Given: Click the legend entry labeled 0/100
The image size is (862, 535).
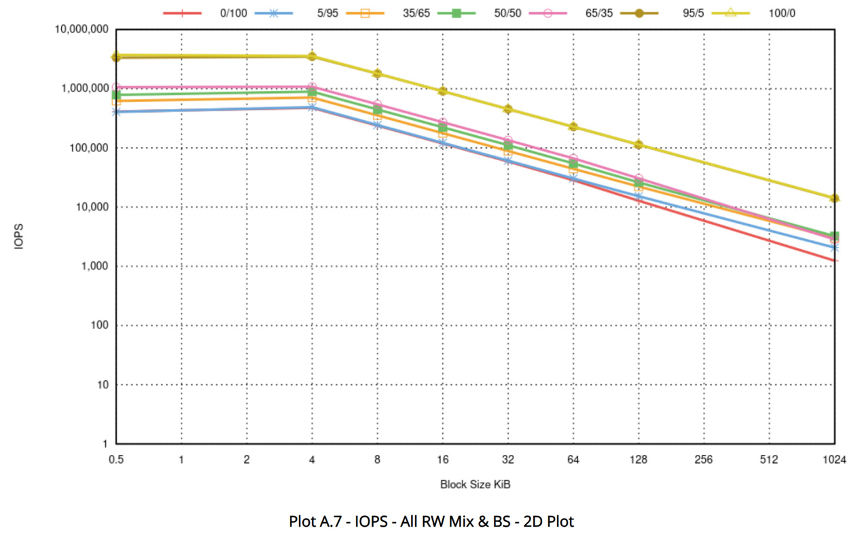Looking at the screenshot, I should tap(233, 13).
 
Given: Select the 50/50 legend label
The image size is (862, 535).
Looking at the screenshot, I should tap(507, 13).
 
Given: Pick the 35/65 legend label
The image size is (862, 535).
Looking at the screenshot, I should tap(415, 13).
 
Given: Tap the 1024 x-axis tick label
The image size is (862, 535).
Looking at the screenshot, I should tap(833, 460).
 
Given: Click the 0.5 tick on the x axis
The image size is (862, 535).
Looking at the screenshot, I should tap(115, 460).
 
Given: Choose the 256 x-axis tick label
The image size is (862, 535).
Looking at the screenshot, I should tap(703, 460).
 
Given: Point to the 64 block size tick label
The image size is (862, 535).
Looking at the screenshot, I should tap(573, 460).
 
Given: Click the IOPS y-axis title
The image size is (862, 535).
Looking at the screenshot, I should tap(20, 237).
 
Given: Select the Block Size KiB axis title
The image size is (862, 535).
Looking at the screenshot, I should tap(475, 484).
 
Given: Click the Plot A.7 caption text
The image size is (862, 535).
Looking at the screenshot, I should tap(431, 521).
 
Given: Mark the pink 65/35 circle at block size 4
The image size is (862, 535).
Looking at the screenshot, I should tap(312, 87).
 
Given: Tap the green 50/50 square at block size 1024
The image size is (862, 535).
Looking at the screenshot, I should tap(833, 236).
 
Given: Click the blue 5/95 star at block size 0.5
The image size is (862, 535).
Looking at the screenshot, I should tap(116, 111).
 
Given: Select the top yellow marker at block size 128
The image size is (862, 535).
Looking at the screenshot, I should tap(639, 145).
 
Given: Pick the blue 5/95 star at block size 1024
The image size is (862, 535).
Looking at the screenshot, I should tap(833, 248).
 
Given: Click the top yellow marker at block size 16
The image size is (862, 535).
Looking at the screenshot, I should tap(442, 91).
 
